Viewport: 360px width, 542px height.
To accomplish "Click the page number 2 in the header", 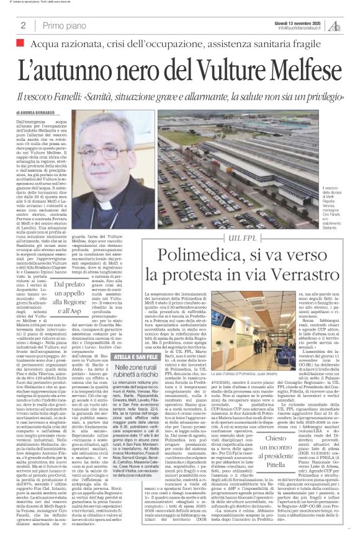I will coord(23,25).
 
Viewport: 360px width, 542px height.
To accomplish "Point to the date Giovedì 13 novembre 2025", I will coord(299,21).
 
